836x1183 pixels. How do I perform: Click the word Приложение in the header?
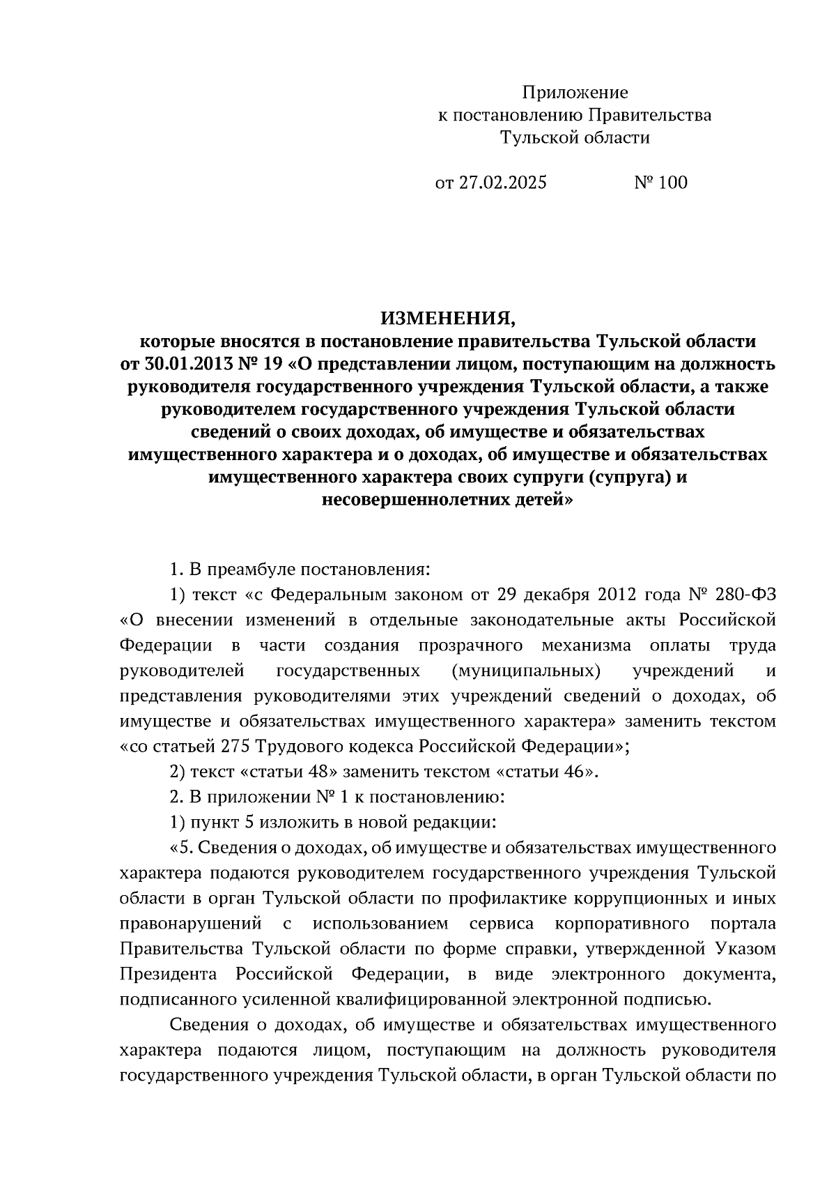click(575, 92)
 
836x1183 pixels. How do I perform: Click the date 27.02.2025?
click(502, 183)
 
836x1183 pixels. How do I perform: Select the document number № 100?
click(660, 183)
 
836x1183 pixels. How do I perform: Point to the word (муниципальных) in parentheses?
click(526, 671)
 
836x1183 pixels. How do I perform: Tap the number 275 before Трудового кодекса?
click(235, 747)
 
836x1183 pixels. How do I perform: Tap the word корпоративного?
click(622, 924)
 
